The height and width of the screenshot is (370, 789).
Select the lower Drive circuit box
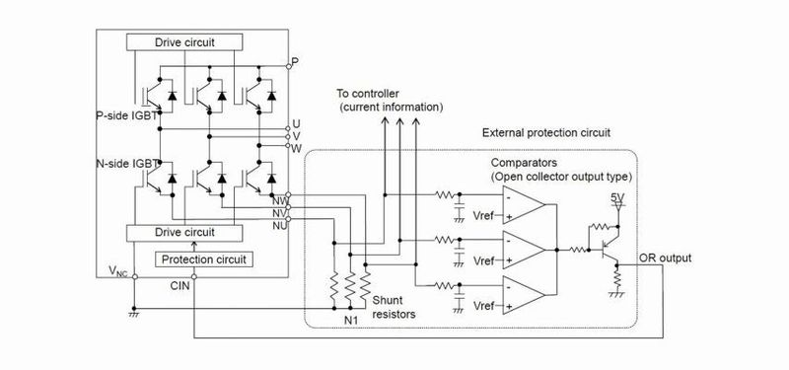tap(184, 232)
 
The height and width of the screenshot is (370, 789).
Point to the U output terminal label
tap(296, 125)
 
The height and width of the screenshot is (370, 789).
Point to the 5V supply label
tap(618, 197)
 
